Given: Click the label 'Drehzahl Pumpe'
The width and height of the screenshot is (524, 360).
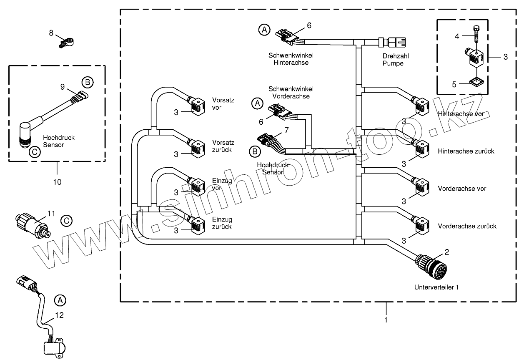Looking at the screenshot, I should (393, 60).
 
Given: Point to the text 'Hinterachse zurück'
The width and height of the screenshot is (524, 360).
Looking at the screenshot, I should (466, 151).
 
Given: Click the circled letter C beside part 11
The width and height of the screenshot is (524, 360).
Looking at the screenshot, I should (66, 221).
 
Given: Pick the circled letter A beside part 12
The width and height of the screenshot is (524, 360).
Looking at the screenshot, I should (60, 300).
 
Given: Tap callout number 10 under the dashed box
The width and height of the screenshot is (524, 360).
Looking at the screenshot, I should (57, 182).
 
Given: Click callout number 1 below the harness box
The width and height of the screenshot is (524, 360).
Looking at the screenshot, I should (386, 320).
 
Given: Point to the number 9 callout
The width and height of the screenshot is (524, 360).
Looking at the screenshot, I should (62, 87).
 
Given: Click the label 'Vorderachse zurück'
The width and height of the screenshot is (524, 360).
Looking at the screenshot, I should (467, 226).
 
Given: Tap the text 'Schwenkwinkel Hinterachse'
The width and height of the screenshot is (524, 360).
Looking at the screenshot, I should (291, 59).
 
